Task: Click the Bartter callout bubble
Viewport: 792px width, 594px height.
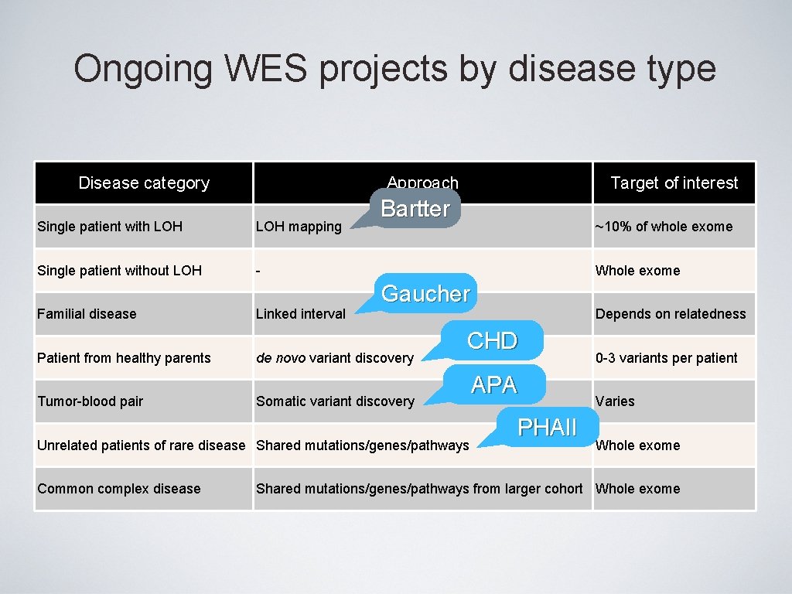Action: (415, 208)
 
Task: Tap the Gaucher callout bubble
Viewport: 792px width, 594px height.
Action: (425, 294)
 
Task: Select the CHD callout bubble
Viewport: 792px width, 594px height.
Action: (493, 340)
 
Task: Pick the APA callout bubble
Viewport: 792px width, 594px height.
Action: (493, 384)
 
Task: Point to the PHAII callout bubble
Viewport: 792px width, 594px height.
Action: (547, 428)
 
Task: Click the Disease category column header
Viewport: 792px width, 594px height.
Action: (144, 183)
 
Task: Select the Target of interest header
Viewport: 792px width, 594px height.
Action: (674, 183)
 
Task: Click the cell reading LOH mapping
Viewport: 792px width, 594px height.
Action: (299, 227)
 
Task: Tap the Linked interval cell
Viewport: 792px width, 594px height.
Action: (301, 314)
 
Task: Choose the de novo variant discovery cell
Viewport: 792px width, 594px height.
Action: (335, 358)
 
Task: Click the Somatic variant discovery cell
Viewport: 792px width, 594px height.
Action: (335, 401)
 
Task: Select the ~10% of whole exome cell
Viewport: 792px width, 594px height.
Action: (664, 227)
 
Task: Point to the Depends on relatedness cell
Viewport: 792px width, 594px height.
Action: (671, 314)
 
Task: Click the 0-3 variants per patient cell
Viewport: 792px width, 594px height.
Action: (666, 358)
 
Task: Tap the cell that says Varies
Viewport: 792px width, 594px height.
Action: (615, 401)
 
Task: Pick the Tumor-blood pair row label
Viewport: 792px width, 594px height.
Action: (90, 401)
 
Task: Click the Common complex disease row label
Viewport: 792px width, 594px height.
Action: (118, 489)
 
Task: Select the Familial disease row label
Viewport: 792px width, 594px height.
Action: (87, 314)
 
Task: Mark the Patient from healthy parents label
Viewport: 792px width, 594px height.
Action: (124, 358)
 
